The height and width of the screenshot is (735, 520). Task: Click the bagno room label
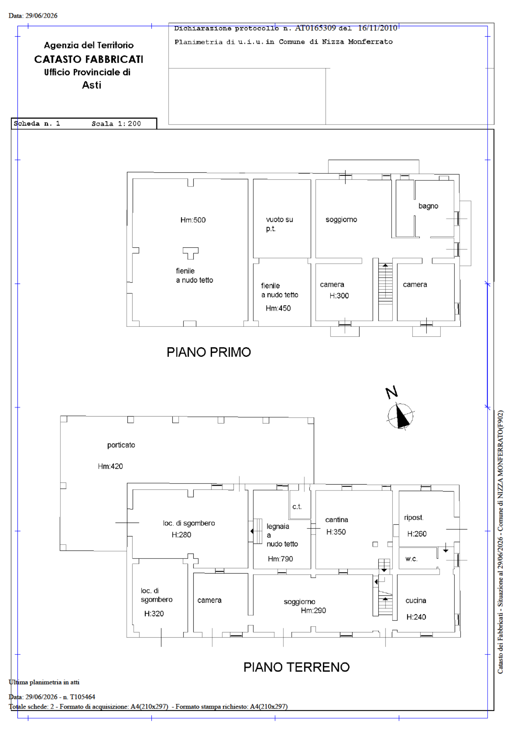[x=428, y=206]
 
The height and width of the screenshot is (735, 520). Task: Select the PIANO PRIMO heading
[x=209, y=352]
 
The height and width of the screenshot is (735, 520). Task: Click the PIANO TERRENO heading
[x=296, y=667]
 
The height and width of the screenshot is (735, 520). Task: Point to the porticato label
[x=121, y=445]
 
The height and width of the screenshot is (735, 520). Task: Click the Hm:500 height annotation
[x=193, y=220]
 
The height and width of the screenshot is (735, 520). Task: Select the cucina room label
[x=416, y=600]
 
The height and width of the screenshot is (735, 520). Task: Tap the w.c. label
[x=411, y=558]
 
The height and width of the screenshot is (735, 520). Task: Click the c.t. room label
[x=297, y=507]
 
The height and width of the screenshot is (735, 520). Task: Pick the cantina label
[x=336, y=519]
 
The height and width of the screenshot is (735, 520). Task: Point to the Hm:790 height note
[x=280, y=558]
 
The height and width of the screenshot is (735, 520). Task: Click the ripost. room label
[x=414, y=517]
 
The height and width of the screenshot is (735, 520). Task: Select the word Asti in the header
[x=91, y=85]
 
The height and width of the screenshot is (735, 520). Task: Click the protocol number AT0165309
[x=315, y=28]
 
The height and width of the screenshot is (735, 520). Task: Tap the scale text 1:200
[x=129, y=123]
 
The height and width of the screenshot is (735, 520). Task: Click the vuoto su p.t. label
[x=279, y=224]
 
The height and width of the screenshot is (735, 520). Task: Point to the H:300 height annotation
[x=339, y=295]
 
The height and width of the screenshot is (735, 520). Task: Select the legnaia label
[x=278, y=526]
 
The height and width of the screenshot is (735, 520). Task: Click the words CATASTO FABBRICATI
[x=89, y=59]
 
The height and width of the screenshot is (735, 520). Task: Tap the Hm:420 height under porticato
[x=110, y=466]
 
